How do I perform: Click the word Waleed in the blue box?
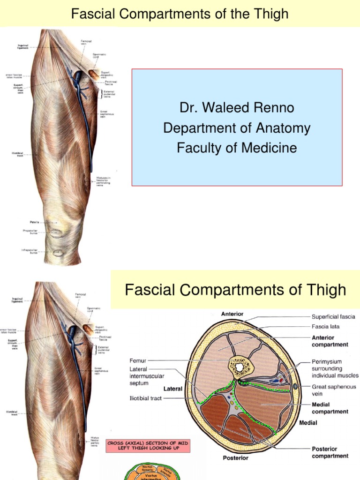pyautogui.click(x=225, y=108)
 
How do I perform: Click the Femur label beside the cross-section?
pyautogui.click(x=138, y=361)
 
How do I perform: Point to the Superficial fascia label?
pyautogui.click(x=333, y=317)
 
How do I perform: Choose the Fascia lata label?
pyautogui.click(x=326, y=326)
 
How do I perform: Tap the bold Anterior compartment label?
pyautogui.click(x=330, y=341)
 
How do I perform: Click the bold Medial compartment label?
pyautogui.click(x=330, y=408)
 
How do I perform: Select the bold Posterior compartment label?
pyautogui.click(x=330, y=452)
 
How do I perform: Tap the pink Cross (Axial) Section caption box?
pyautogui.click(x=149, y=446)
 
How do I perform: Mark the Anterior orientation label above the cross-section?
pyautogui.click(x=232, y=314)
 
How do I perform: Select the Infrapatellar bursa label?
pyautogui.click(x=30, y=251)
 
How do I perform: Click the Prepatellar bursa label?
pyautogui.click(x=30, y=232)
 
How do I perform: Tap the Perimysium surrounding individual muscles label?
pyautogui.click(x=335, y=368)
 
